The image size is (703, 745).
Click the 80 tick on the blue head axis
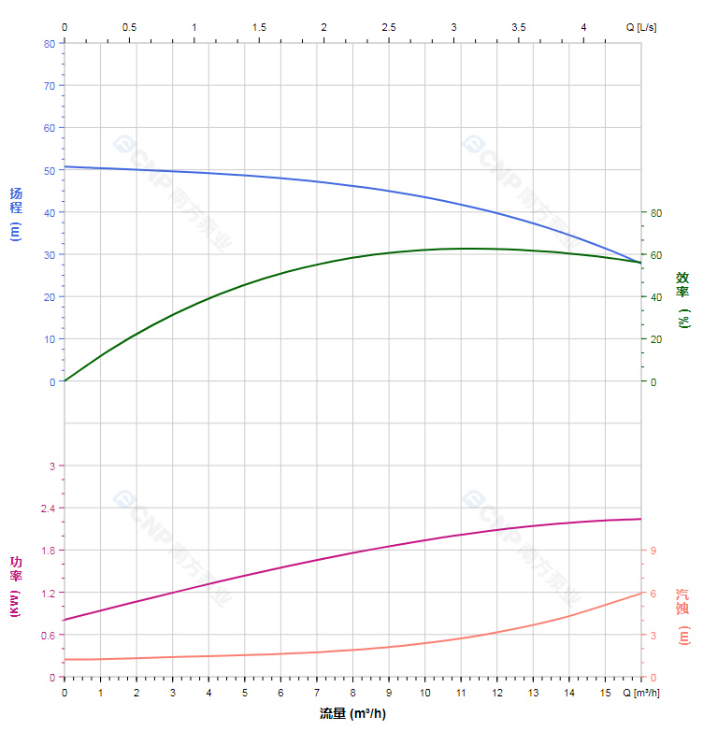pyautogui.click(x=50, y=43)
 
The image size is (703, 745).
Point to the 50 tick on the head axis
pyautogui.click(x=50, y=170)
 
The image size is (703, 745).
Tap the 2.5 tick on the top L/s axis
pyautogui.click(x=389, y=27)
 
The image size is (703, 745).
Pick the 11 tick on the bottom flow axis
pyautogui.click(x=460, y=693)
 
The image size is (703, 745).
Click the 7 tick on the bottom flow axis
pyautogui.click(x=316, y=693)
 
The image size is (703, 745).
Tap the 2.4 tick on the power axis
pyautogui.click(x=47, y=508)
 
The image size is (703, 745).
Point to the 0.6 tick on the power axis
pyautogui.click(x=47, y=635)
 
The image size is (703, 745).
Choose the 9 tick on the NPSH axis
pyautogui.click(x=653, y=551)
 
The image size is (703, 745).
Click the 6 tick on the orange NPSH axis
pyautogui.click(x=653, y=593)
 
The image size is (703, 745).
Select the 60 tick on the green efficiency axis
pyautogui.click(x=656, y=254)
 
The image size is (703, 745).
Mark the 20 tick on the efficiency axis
pyautogui.click(x=656, y=338)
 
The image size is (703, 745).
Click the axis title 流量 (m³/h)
pyautogui.click(x=352, y=714)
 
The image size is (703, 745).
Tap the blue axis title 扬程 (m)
pyautogui.click(x=16, y=214)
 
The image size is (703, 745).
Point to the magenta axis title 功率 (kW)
pyautogui.click(x=16, y=587)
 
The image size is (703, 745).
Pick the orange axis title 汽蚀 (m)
pyautogui.click(x=683, y=616)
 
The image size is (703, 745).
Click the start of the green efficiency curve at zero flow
pyautogui.click(x=65, y=381)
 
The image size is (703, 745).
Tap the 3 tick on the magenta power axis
pyautogui.click(x=52, y=466)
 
